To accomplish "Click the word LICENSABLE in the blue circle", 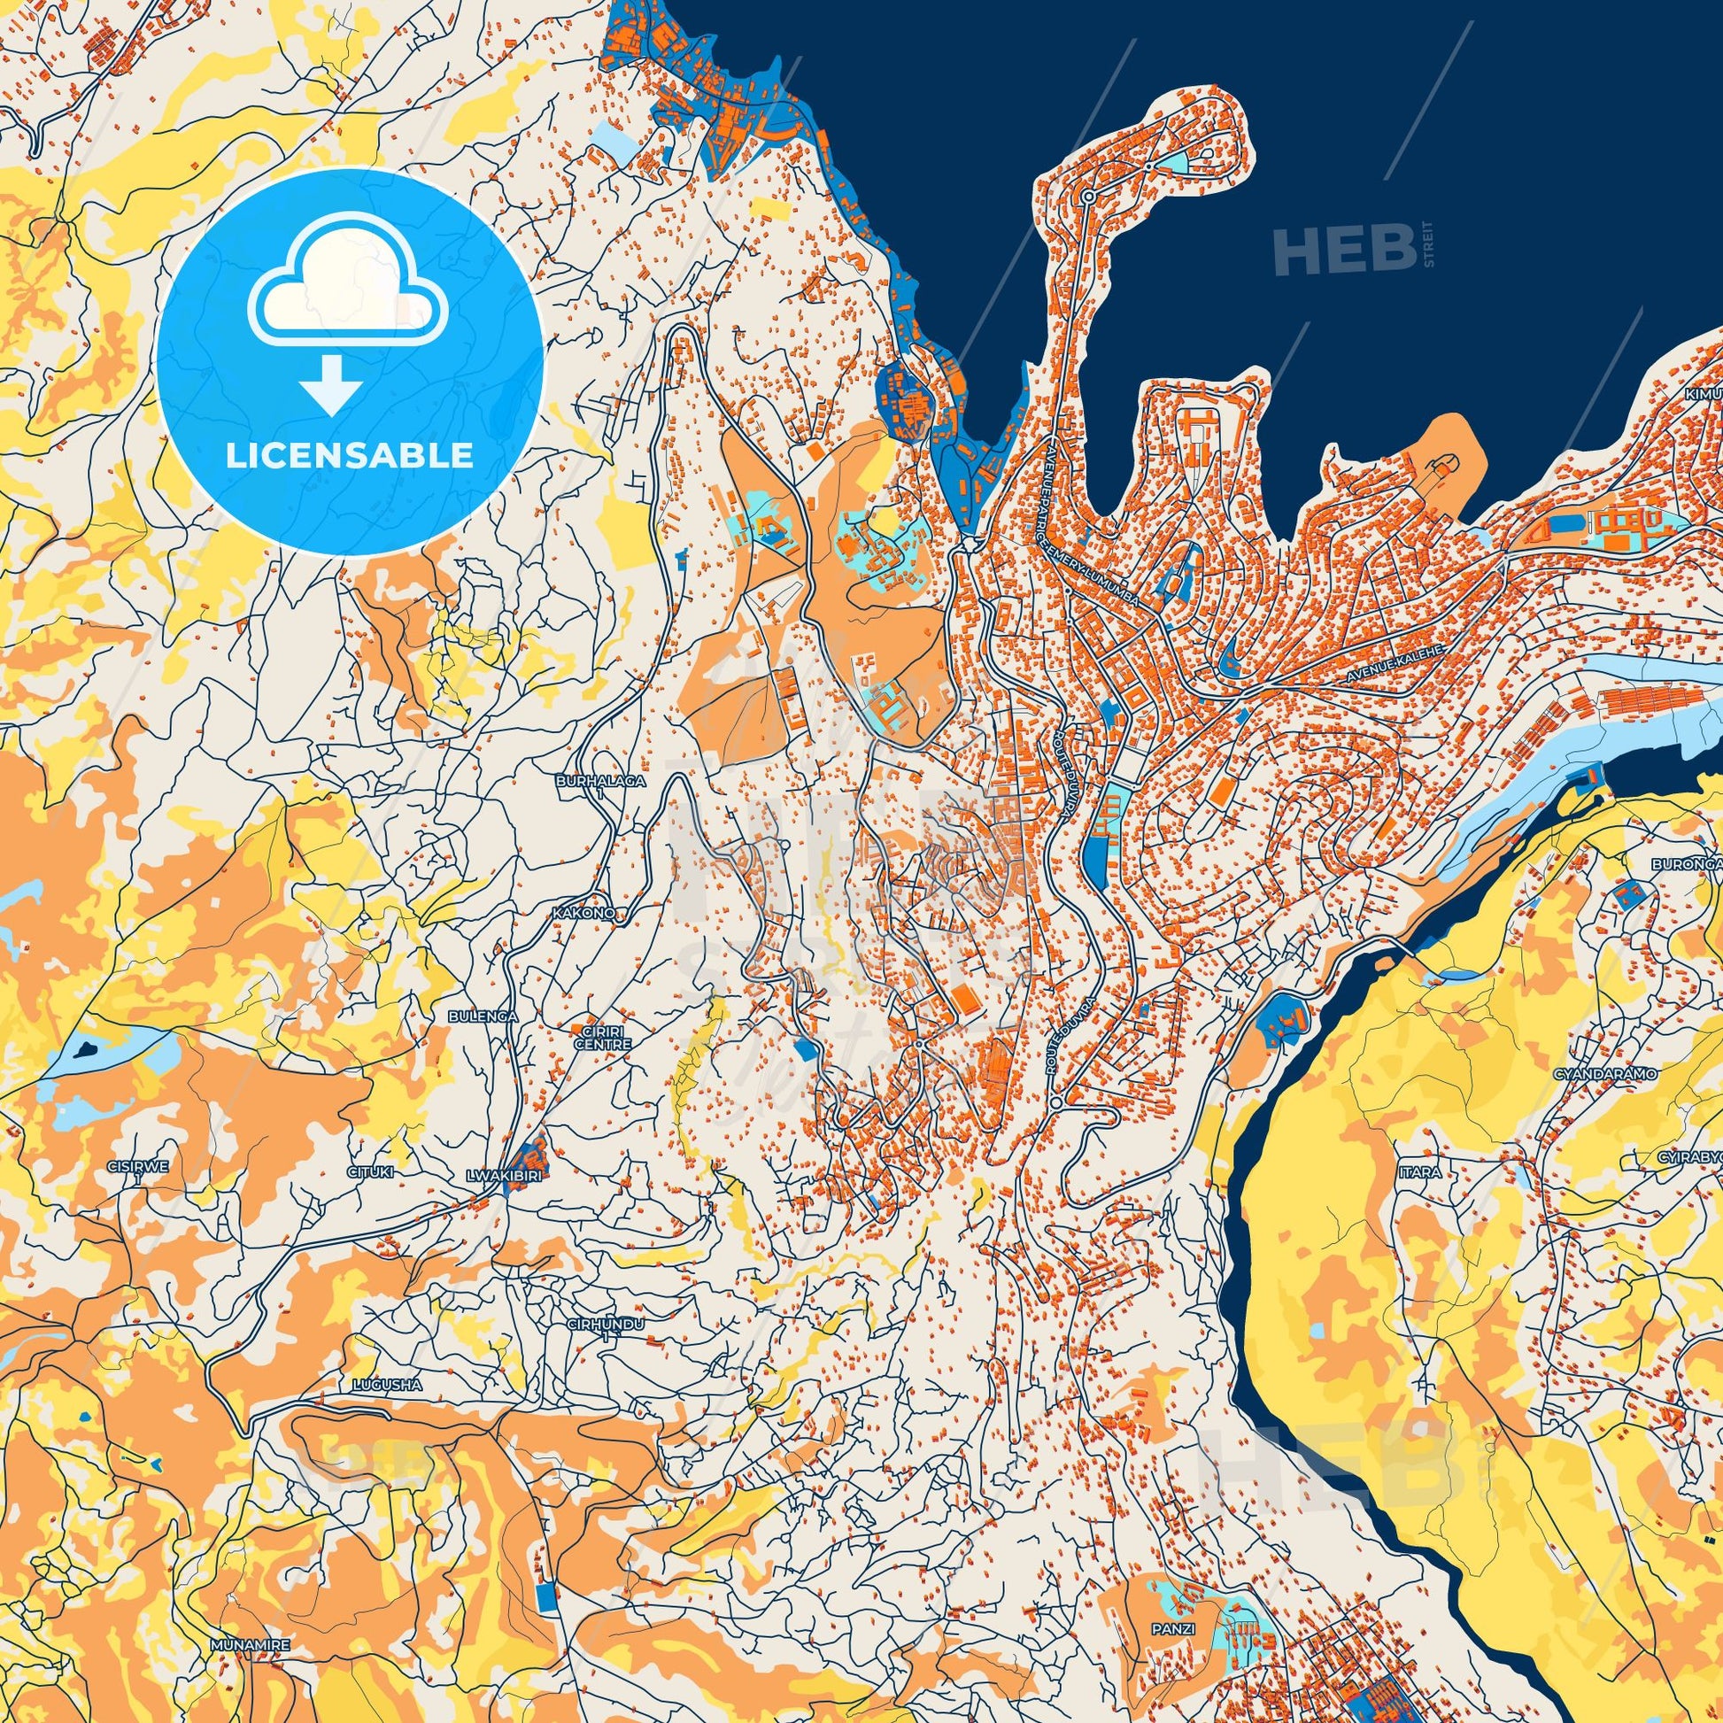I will (349, 456).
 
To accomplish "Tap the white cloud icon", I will (349, 287).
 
